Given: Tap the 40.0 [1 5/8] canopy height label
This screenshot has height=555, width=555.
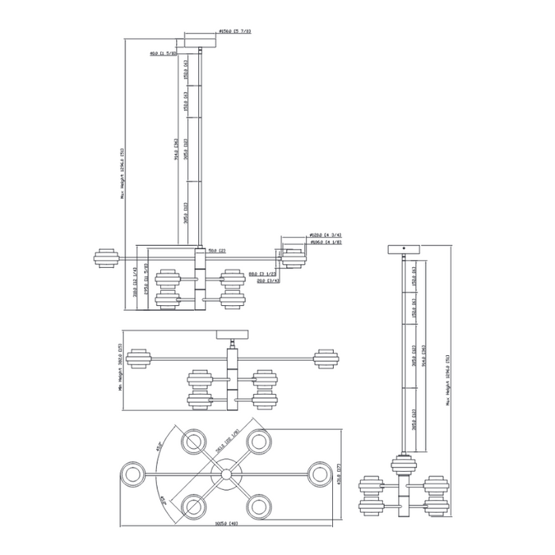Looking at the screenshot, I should [163, 54].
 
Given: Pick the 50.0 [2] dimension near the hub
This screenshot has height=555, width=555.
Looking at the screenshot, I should [217, 251].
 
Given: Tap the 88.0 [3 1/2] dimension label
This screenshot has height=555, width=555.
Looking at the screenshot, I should [262, 274].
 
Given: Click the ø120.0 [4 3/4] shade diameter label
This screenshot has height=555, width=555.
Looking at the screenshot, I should [324, 235].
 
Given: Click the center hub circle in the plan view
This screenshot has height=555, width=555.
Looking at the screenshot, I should [228, 475].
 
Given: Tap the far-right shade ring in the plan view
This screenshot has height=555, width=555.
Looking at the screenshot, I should [321, 475].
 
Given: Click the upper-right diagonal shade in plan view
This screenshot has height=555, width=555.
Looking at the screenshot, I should [258, 442].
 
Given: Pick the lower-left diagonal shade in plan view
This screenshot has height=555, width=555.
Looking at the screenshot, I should [194, 505].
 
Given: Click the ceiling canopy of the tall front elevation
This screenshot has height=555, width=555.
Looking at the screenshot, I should [199, 40].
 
